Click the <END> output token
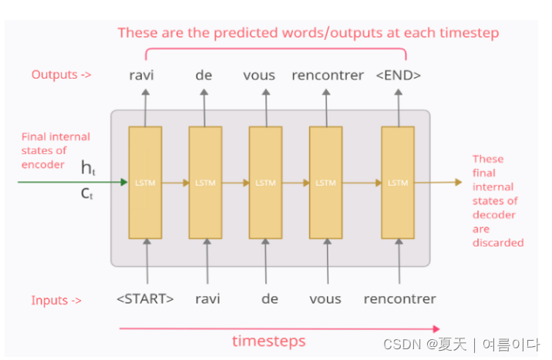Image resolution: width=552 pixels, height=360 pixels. click(x=398, y=75)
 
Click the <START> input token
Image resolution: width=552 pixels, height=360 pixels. click(x=145, y=299)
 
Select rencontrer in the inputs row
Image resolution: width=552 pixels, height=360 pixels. click(x=399, y=299)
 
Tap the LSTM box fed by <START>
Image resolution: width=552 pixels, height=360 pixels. click(x=145, y=183)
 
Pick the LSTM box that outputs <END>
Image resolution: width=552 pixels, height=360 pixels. click(x=398, y=183)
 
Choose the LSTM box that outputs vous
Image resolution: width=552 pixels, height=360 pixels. click(x=265, y=183)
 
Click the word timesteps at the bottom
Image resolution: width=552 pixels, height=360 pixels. click(x=268, y=341)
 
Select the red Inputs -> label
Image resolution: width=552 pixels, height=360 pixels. click(x=56, y=300)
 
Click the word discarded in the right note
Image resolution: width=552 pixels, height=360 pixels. click(x=498, y=243)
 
